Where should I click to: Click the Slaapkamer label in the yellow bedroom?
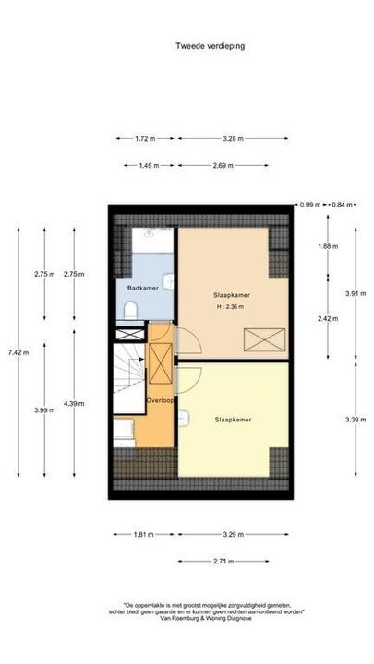point(233,420)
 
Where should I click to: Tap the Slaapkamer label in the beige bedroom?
point(233,294)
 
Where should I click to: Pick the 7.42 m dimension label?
point(18,351)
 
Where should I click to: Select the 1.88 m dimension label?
point(327,246)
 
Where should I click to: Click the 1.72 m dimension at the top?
point(143,139)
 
